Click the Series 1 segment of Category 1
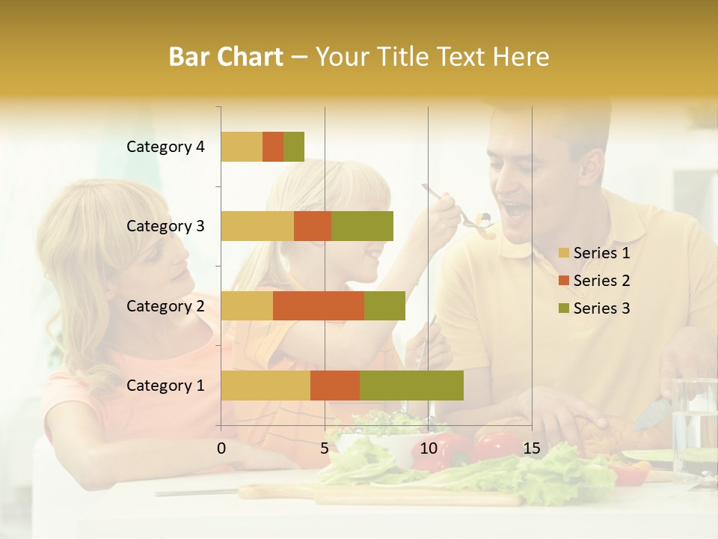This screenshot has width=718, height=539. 266,386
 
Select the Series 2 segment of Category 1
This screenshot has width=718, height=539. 335,386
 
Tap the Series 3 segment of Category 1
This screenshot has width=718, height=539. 411,386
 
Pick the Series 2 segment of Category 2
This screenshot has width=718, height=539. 319,305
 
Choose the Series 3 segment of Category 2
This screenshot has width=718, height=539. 384,305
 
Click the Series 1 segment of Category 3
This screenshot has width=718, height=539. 257,226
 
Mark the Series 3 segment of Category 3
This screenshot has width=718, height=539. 362,226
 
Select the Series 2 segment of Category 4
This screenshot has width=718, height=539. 273,147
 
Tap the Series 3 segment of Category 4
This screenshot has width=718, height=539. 294,147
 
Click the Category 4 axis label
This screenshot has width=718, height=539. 165,147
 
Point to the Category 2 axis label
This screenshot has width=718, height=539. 165,305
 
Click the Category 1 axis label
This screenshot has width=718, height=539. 165,386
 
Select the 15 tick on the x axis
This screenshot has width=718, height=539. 531,448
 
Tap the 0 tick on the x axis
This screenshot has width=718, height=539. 221,448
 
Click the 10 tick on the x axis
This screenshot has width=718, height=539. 428,448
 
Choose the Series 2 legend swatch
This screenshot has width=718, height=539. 563,281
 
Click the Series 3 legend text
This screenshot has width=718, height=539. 601,308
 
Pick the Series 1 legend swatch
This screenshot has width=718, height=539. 563,254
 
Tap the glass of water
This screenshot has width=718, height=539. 693,423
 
